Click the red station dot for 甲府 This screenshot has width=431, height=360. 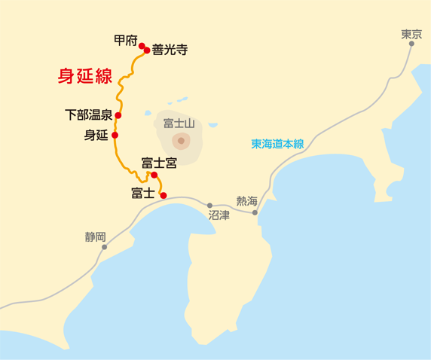coord(141,46)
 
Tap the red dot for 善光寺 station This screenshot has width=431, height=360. coord(147,51)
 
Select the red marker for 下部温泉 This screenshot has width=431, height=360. coord(118,115)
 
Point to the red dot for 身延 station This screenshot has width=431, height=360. coord(115,136)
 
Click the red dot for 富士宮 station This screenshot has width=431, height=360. coord(154,175)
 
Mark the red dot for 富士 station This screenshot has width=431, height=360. coord(164,194)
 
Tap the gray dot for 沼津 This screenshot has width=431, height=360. coord(210,205)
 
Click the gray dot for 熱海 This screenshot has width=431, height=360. coord(255,212)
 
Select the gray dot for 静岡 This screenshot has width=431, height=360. coord(104,247)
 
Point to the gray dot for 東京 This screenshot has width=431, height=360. coord(411,44)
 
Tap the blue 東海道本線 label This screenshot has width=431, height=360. coord(277,145)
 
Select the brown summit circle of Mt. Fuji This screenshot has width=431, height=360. coord(180,140)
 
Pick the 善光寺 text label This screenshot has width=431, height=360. coord(169,50)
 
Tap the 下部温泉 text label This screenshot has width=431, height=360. coord(88,115)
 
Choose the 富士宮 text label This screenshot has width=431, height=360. coord(158,163)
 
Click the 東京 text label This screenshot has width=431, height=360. coord(411,33)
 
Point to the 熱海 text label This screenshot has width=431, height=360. coord(246,200)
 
